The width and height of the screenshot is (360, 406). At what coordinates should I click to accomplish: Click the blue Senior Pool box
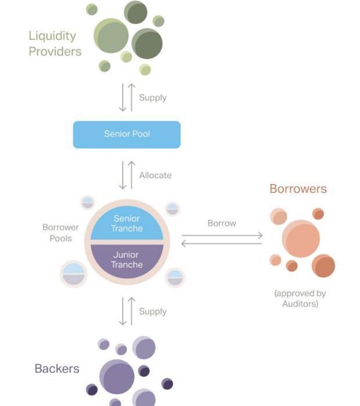pos(127,134)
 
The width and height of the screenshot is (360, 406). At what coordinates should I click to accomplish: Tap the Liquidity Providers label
pos(55,44)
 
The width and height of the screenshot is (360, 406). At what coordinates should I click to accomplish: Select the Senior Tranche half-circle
pos(127,223)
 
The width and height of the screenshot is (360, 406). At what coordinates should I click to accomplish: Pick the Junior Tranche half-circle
pos(127,260)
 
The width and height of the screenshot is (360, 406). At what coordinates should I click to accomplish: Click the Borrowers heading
pos(298,189)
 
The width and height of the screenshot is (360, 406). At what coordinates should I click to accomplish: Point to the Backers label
pos(57,368)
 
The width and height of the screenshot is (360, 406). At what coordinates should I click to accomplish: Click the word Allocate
pos(155,175)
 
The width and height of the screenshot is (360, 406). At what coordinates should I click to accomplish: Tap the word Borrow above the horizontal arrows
pos(222,223)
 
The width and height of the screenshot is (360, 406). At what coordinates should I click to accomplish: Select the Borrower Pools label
pos(60,232)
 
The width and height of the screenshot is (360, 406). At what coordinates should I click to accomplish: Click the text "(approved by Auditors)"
pos(300,298)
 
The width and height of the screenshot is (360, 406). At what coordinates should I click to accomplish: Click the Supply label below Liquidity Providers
pos(153,98)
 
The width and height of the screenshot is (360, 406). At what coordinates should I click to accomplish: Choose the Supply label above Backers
pos(153,311)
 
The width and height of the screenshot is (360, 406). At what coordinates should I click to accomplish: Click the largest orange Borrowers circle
pos(301,239)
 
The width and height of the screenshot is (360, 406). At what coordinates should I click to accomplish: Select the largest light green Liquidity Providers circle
pos(111,35)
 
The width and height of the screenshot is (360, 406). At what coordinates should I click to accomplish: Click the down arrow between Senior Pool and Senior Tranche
pos(123,175)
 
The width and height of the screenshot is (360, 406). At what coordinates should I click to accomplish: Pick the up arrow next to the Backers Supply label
pos(131,311)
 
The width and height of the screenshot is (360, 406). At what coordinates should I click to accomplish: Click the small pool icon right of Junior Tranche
pos(175,278)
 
